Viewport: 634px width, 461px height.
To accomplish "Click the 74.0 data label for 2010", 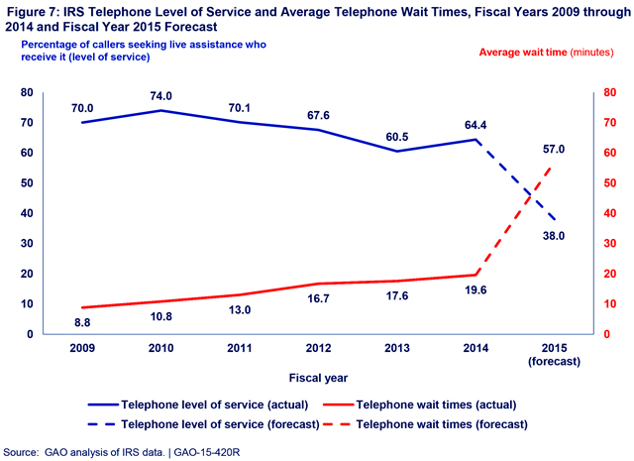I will (160, 96).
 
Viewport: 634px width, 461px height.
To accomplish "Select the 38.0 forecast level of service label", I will (554, 236).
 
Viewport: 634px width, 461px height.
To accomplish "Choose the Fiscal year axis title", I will (319, 377).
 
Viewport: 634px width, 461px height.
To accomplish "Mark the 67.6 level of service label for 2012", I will (319, 114).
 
